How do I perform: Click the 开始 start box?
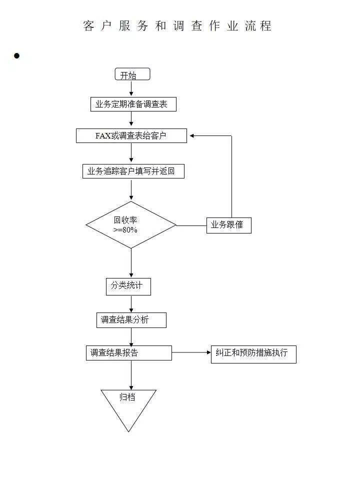(132, 74)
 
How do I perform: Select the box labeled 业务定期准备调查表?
(133, 104)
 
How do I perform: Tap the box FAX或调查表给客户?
(131, 135)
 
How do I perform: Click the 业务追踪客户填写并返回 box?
(133, 171)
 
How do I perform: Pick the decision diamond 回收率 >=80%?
(131, 225)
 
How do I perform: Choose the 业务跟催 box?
(228, 225)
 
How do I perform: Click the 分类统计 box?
(128, 286)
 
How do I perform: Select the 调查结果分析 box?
(131, 320)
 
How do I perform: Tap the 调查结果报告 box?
(128, 352)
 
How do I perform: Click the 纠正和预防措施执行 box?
(253, 353)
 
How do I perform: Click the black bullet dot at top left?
(16, 56)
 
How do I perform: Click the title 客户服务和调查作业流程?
(177, 26)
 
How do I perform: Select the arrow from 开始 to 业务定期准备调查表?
(131, 88)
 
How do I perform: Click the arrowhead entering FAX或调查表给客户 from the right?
(191, 135)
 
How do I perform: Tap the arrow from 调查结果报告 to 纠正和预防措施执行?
(191, 352)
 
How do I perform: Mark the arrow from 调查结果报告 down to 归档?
(131, 375)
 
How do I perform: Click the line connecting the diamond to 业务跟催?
(191, 225)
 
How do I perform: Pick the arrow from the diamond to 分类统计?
(131, 263)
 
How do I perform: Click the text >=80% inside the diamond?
(125, 230)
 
